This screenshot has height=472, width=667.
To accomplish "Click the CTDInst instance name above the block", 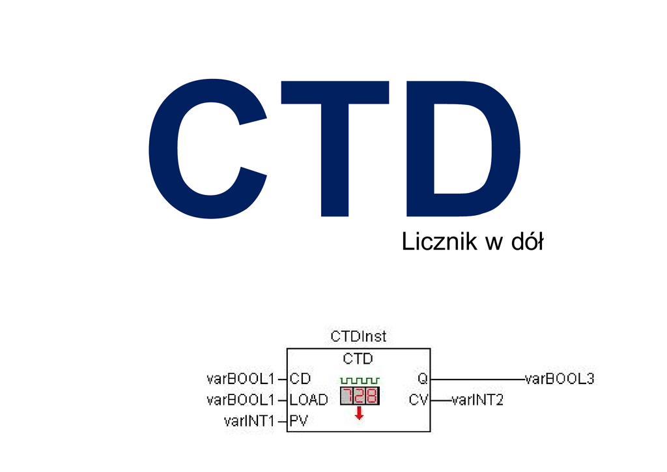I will pyautogui.click(x=358, y=337).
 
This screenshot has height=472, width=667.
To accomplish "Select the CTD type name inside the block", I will pyautogui.click(x=358, y=359).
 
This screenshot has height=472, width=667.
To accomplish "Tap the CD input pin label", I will pyautogui.click(x=300, y=378).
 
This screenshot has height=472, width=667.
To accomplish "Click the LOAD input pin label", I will pyautogui.click(x=309, y=400).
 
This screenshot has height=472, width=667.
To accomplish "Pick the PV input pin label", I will pyautogui.click(x=298, y=421).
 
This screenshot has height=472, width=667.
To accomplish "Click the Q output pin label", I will pyautogui.click(x=422, y=378).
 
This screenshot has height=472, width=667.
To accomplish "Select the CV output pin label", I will pyautogui.click(x=418, y=400).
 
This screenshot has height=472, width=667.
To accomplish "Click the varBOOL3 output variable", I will pyautogui.click(x=560, y=378).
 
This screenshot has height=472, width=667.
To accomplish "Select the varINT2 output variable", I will pyautogui.click(x=477, y=400).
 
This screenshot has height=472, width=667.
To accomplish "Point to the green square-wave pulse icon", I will pyautogui.click(x=360, y=380).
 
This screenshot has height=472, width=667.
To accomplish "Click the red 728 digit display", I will pyautogui.click(x=360, y=396).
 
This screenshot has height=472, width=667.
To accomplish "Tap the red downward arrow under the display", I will pyautogui.click(x=359, y=413).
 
